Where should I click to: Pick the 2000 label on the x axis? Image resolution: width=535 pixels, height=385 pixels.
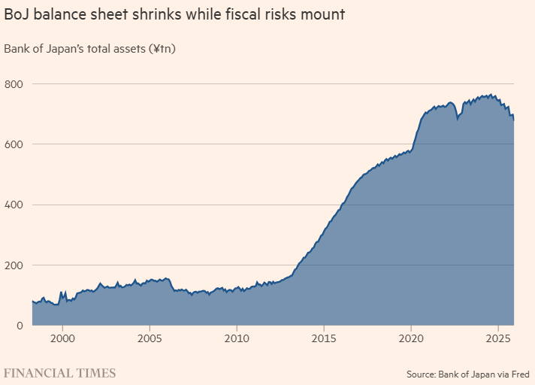pyautogui.click(x=62, y=339)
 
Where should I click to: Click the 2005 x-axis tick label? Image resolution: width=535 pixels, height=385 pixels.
pyautogui.click(x=150, y=339)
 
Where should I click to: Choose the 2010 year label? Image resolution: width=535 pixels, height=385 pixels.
pyautogui.click(x=237, y=339)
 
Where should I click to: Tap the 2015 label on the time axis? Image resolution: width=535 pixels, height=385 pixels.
pyautogui.click(x=324, y=339)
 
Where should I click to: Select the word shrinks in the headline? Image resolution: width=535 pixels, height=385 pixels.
pyautogui.click(x=158, y=15)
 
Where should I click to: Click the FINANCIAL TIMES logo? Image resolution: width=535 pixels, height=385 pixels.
pyautogui.click(x=60, y=372)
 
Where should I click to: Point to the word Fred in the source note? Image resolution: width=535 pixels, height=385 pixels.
pyautogui.click(x=518, y=373)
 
